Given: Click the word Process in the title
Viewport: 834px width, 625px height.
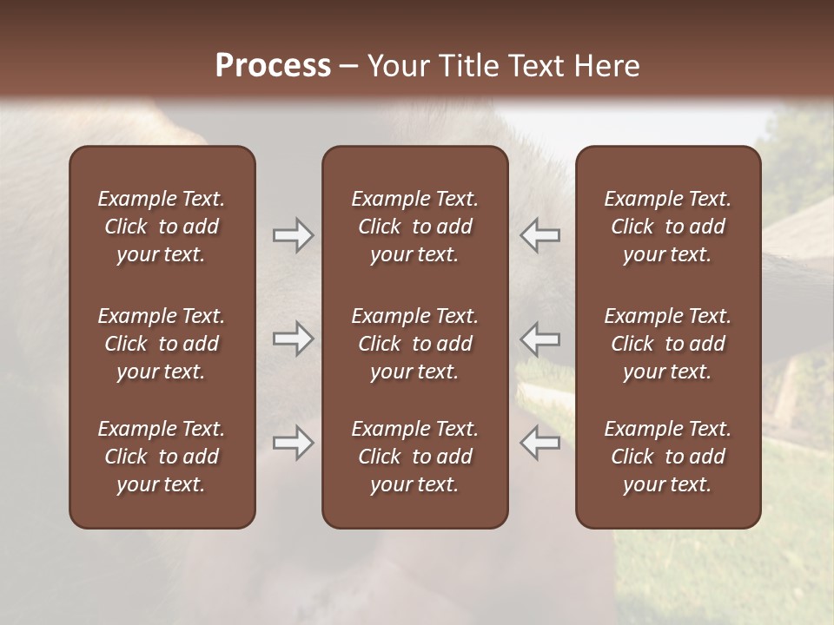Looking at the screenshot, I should (273, 66).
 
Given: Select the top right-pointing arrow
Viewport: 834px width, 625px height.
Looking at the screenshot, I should (293, 235).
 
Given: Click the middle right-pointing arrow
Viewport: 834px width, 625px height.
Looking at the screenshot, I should (293, 339).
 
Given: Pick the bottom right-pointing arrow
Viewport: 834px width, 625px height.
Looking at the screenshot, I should (293, 443).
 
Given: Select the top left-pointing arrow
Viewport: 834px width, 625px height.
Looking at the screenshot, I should (540, 235).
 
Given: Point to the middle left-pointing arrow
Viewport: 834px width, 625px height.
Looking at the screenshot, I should (540, 339).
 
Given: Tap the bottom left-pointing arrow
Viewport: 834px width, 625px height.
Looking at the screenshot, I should (540, 443).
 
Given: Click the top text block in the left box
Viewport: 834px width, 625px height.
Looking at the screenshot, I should (162, 227).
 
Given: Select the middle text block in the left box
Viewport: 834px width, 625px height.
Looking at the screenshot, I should (162, 344).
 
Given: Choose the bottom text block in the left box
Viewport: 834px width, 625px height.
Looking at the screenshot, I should (162, 457).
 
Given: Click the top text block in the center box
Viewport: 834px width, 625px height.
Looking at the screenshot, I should (415, 227).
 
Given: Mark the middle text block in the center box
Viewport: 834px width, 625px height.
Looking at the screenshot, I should (415, 344).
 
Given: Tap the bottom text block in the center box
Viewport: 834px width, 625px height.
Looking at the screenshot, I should (415, 457).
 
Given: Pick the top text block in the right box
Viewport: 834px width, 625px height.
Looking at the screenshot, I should (668, 227).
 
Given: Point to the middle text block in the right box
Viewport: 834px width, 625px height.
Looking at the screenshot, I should (668, 344).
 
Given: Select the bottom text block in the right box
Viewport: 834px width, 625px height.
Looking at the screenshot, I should (668, 457).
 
